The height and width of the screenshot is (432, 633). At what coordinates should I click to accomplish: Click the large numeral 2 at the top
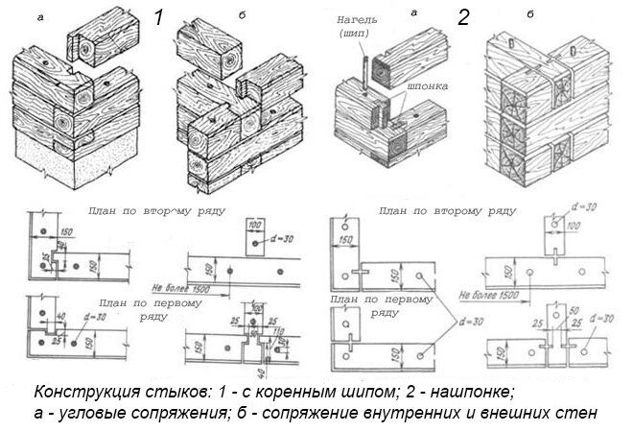(463, 18)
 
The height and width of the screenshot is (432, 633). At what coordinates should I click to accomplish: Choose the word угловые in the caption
(90, 414)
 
